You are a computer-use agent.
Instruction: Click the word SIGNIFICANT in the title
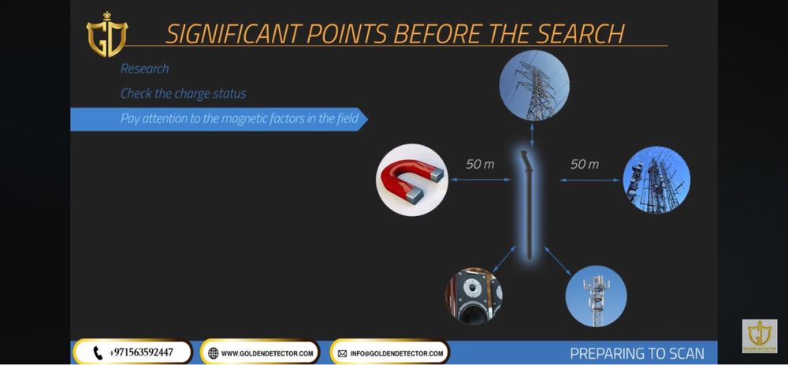coord(233,34)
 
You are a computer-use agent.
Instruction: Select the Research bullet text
coord(145,69)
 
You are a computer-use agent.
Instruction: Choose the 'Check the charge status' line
coord(184,94)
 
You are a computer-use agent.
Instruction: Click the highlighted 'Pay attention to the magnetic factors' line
coord(240,119)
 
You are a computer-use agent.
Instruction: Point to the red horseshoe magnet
coord(413,181)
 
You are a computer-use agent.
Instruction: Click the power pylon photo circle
coord(534,85)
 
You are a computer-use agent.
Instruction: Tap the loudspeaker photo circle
coord(474,296)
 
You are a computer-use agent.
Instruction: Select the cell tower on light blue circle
coord(596,296)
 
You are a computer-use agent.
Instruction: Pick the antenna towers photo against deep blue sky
coord(656,180)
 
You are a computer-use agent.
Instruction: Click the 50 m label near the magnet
coord(480,165)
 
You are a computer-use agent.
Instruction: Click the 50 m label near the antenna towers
coord(585,165)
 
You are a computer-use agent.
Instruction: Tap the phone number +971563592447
coord(141,352)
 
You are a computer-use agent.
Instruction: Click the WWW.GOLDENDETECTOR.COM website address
coord(267,353)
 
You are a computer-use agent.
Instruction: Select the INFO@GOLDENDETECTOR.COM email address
coord(397,353)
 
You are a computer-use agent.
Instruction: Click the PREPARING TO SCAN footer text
coord(637,353)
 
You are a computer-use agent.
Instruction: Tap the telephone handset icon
coord(98,353)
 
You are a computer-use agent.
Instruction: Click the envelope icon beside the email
coord(342,354)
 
